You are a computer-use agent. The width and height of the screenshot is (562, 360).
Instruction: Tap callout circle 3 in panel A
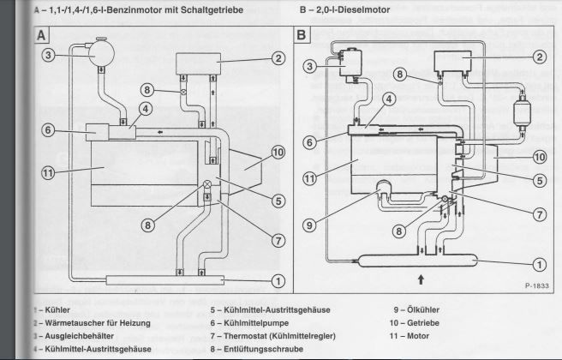point(51,56)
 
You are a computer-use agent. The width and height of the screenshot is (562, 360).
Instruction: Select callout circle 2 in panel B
point(539,57)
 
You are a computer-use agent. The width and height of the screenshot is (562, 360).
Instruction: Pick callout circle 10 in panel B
point(539,157)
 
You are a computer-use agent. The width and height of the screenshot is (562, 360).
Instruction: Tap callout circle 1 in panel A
point(278,279)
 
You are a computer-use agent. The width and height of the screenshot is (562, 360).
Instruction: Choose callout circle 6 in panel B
point(311,142)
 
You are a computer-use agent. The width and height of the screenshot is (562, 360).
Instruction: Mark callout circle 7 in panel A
point(278,240)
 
